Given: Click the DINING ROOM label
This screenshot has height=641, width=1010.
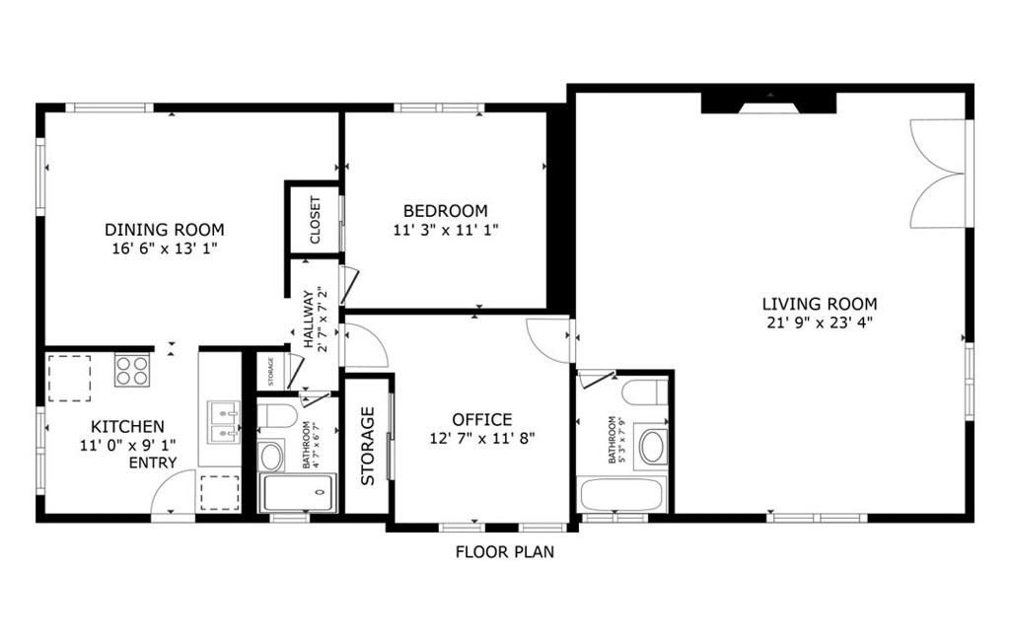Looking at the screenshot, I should click(165, 230).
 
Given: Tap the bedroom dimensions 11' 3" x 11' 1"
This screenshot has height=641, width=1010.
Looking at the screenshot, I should click(445, 230).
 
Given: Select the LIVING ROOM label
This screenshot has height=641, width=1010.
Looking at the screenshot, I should click(819, 304).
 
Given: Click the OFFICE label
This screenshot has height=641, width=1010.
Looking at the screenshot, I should click(482, 420).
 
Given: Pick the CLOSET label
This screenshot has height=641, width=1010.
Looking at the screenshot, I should click(315, 220).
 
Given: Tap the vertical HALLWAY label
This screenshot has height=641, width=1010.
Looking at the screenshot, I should click(309, 320).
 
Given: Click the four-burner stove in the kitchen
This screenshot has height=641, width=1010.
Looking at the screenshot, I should click(132, 370).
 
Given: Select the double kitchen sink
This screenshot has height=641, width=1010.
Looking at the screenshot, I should click(224, 421).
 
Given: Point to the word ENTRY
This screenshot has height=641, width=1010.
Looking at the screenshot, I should click(153, 463).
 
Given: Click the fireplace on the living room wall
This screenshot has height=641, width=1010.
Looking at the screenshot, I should click(769, 103).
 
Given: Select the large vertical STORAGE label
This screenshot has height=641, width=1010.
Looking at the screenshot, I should click(368, 446).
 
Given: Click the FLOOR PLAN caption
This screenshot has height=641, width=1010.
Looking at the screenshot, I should click(504, 552).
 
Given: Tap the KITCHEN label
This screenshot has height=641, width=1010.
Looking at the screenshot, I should click(128, 427).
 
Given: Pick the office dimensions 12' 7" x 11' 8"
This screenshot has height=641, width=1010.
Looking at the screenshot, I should click(482, 438).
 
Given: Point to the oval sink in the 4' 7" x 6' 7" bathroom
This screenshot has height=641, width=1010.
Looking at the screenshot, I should click(270, 456).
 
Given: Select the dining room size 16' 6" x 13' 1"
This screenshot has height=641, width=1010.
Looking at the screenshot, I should click(165, 249).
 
